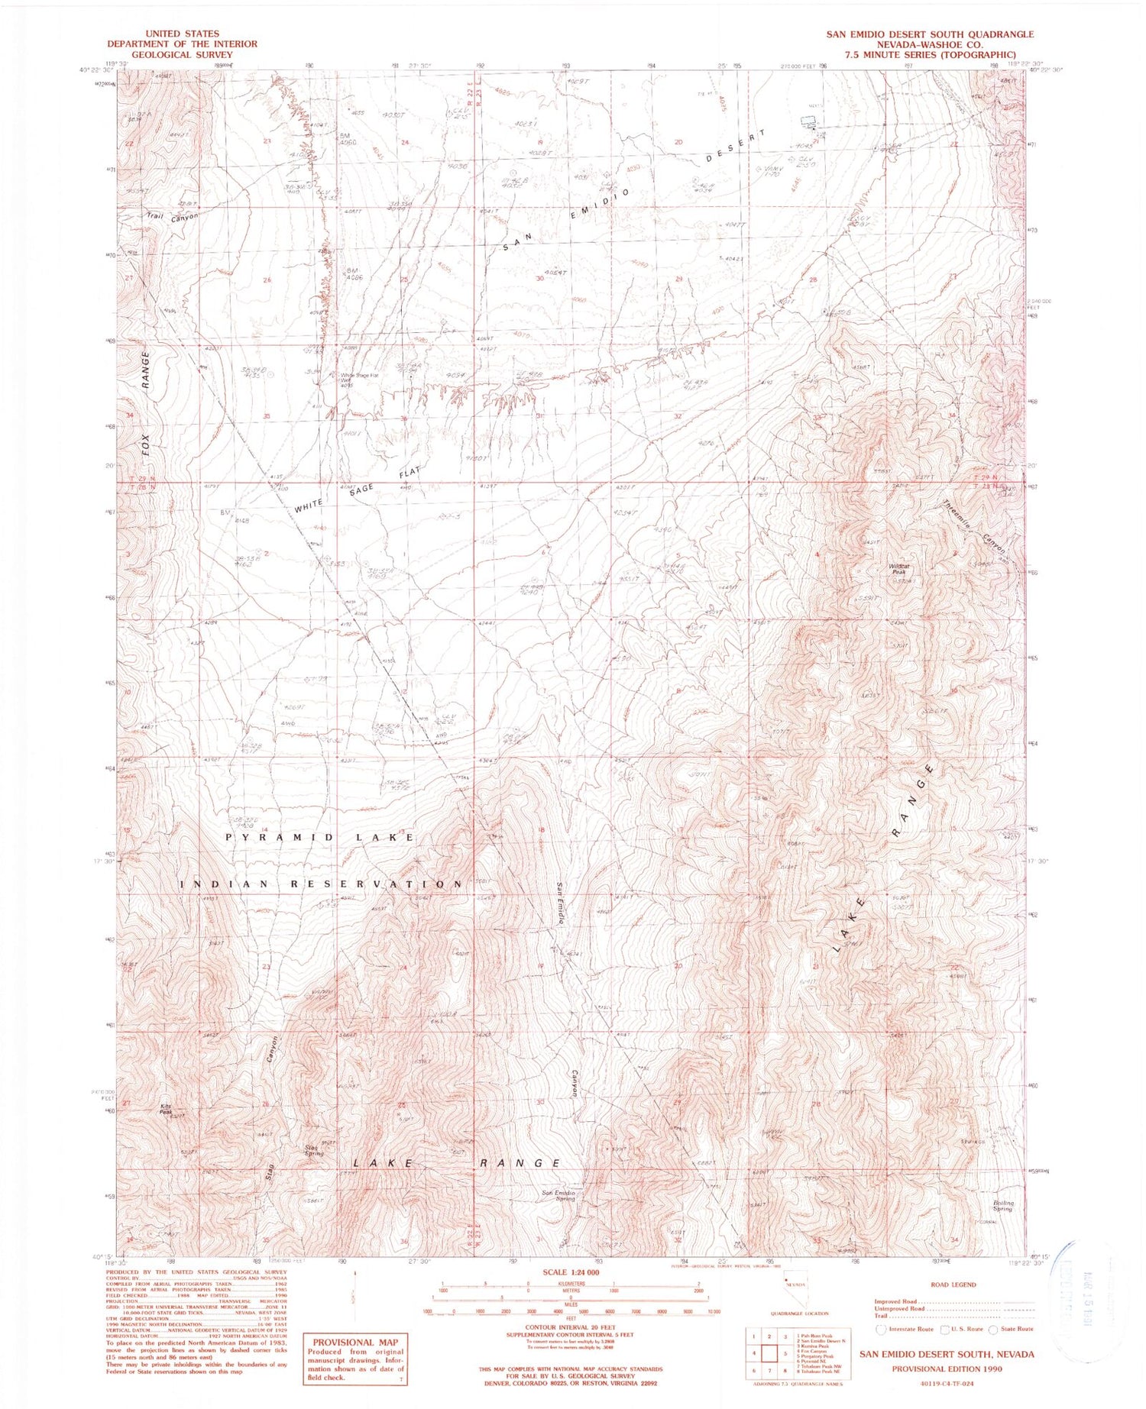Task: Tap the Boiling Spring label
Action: [1002, 1206]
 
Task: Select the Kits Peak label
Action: [166, 1109]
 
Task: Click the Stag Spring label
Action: [314, 1149]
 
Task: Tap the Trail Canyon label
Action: [173, 216]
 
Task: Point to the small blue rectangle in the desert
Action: [807, 121]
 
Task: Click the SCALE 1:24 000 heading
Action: [570, 1272]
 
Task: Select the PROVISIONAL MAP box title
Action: [355, 1342]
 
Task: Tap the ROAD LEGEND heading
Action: [953, 1285]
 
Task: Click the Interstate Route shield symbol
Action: [880, 1330]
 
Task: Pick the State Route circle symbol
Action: [993, 1330]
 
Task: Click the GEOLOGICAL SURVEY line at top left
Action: [163, 54]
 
